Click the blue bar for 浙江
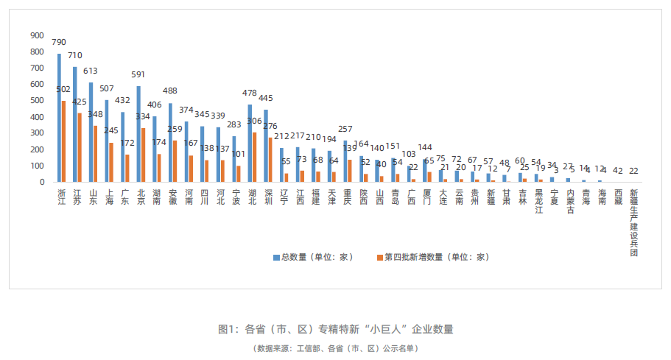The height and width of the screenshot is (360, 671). click(x=59, y=118)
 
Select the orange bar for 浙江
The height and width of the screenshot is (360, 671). click(x=63, y=141)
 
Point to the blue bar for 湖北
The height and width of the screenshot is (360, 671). click(x=250, y=143)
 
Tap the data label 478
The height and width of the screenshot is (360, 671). click(x=250, y=93)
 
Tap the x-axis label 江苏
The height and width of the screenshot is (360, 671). click(x=77, y=197)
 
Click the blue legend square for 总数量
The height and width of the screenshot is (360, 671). click(x=275, y=258)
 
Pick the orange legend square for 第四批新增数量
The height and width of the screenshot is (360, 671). click(x=380, y=258)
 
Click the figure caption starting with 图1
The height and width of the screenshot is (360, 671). click(x=336, y=329)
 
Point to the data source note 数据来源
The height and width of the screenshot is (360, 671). click(x=336, y=348)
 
